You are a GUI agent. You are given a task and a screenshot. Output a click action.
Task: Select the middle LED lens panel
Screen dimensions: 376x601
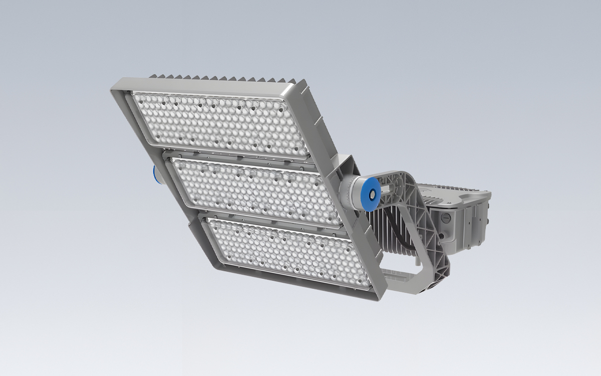click(x=255, y=188)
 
